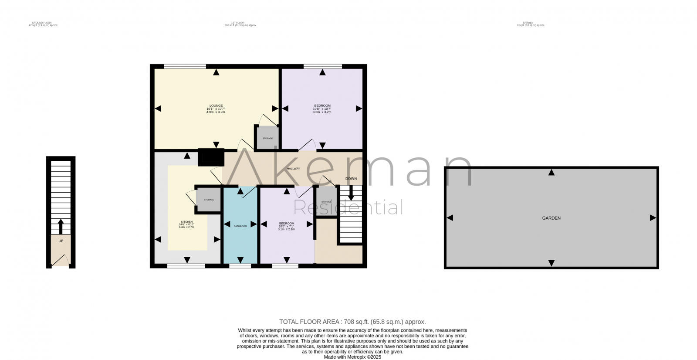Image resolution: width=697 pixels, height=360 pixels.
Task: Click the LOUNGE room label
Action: coord(216,105)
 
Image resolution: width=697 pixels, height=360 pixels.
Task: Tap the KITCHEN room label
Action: coord(186,222)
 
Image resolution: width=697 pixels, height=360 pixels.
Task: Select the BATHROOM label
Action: coord(240,226)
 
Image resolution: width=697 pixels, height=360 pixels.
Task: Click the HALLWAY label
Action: coord(293,169)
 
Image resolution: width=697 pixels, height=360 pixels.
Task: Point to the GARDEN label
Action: coord(551,218)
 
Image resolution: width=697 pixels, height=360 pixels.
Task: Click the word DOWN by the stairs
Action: coord(351,179)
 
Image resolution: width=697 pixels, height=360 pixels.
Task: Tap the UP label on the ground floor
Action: coord(61,241)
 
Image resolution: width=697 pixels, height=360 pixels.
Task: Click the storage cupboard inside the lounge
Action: coord(267,138)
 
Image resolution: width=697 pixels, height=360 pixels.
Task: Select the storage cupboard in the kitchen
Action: coord(209,200)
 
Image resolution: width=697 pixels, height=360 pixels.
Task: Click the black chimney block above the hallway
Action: coord(211,157)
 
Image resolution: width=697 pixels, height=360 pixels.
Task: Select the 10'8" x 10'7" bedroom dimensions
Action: coord(322,109)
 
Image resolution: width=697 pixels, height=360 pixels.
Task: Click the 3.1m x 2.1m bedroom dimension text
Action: coord(286,229)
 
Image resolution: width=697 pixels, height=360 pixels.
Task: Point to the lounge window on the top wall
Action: coord(185,67)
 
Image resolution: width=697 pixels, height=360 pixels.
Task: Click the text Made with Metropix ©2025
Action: coord(352,357)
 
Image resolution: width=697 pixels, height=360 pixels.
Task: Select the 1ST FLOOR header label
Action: coord(237,22)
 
